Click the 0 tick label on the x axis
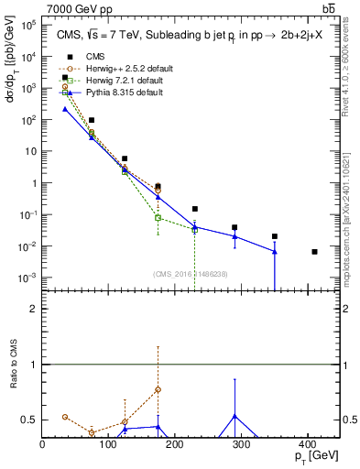43,446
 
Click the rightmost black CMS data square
314,252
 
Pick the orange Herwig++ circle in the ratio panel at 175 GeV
158,389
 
